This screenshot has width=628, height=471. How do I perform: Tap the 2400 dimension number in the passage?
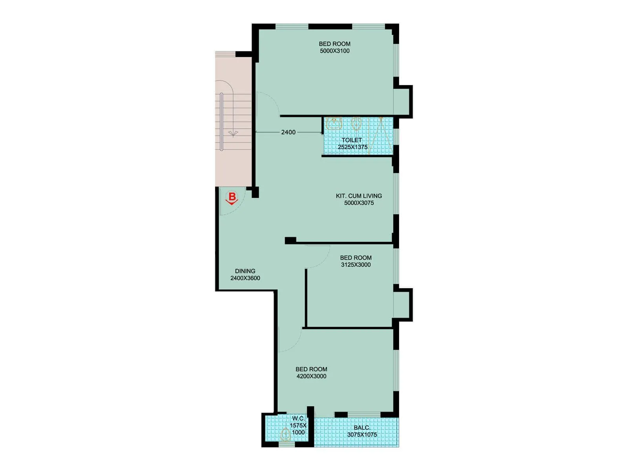288,132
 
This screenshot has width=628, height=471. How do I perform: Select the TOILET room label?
352,140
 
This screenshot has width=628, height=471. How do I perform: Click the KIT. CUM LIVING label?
359,196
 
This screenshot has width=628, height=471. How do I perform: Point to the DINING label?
245,271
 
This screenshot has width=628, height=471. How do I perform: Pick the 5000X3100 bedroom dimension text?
334,51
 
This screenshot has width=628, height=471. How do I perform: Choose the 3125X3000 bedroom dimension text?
356,265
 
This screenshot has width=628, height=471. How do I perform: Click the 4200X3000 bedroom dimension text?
311,376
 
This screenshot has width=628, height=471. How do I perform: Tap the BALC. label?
361,428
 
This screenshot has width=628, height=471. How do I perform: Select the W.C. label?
298,419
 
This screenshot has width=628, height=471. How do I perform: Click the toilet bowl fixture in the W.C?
286,434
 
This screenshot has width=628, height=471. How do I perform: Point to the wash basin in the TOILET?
334,124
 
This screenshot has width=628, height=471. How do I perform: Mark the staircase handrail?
221,122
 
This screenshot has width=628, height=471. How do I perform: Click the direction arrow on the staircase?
233,134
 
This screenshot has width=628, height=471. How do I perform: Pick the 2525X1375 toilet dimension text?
352,147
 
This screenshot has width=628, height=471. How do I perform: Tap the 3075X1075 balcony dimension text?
362,435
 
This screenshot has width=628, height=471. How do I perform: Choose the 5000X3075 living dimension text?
359,203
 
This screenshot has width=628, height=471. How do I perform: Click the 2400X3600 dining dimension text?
245,278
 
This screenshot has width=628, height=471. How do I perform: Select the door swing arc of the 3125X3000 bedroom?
320,259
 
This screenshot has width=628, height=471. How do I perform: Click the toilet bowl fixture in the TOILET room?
356,124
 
